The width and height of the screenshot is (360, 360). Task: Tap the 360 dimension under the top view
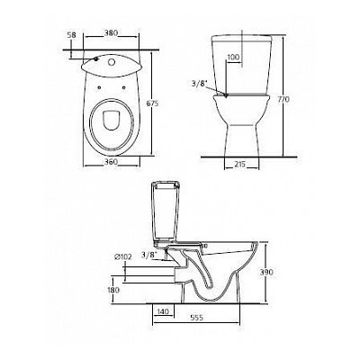[111, 159]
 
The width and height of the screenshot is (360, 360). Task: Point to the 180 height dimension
[112, 291]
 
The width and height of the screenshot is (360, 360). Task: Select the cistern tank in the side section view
[168, 211]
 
